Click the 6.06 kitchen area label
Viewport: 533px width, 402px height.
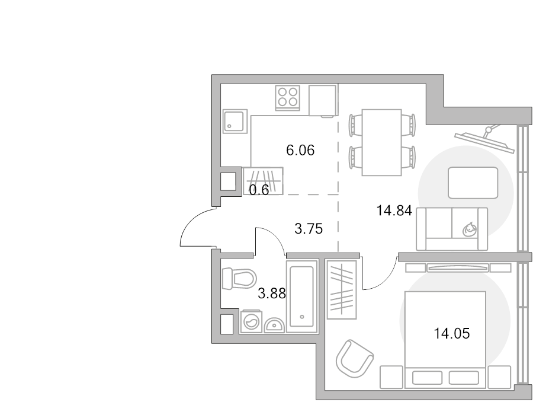(300, 150)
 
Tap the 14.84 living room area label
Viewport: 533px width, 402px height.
(394, 210)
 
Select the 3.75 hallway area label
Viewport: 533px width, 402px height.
(309, 229)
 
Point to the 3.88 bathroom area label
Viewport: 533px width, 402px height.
(272, 293)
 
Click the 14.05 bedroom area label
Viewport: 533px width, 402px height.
(452, 333)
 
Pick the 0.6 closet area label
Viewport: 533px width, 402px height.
(259, 190)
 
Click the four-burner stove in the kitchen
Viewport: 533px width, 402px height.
(288, 98)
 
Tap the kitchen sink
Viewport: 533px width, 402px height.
(235, 121)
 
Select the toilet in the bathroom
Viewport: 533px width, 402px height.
(239, 278)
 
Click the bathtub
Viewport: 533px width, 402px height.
(302, 296)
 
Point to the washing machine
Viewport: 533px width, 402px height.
(251, 321)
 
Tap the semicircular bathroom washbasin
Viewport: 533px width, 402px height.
(274, 325)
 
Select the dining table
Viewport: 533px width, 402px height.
(382, 143)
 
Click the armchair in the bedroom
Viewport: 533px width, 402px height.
(355, 359)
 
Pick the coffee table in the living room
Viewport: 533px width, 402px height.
(473, 183)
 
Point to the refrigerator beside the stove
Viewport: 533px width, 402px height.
(323, 100)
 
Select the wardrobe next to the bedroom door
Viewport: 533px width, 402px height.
(342, 290)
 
